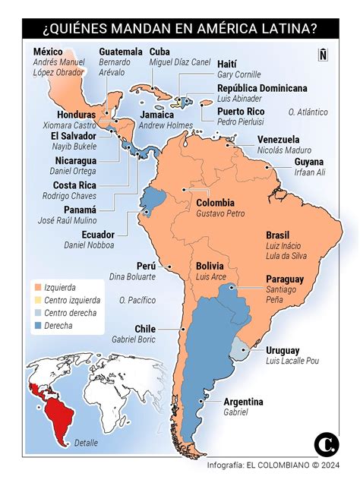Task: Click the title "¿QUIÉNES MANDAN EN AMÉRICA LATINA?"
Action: point(180,29)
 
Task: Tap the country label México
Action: point(48,51)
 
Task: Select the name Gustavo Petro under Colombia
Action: point(219,215)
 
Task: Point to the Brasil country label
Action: point(279,235)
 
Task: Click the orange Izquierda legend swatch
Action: point(36,289)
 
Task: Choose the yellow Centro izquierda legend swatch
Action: point(36,301)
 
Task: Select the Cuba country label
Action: point(159,51)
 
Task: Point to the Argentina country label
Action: point(243,402)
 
